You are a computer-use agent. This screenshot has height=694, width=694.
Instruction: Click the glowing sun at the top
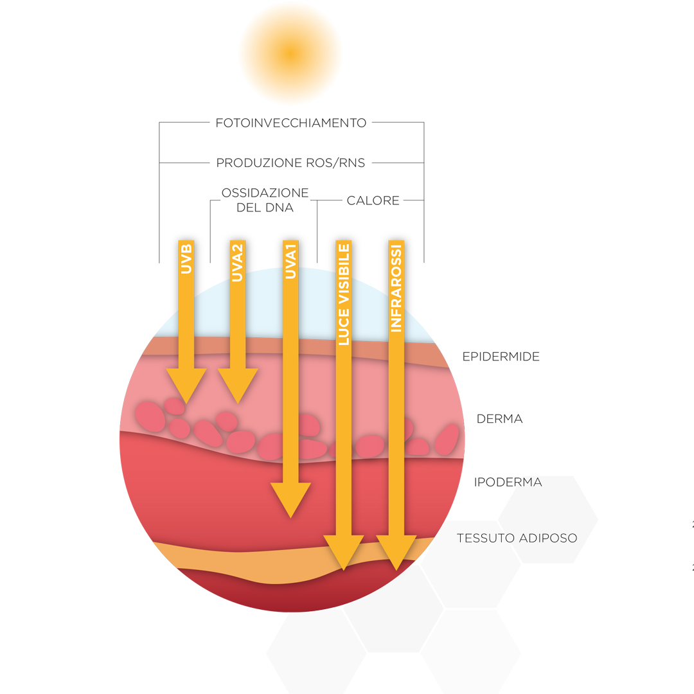coord(291,53)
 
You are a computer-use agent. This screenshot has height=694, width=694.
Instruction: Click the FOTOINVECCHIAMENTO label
coord(291,123)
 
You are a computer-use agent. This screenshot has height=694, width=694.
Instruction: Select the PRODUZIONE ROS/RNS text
coord(290,163)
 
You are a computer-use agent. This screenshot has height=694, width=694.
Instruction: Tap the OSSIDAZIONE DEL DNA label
coord(265,200)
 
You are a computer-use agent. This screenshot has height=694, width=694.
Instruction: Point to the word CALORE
coord(373,200)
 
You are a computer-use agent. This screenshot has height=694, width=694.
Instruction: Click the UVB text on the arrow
coord(186,259)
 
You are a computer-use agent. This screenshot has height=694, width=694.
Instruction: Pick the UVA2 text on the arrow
coord(238,263)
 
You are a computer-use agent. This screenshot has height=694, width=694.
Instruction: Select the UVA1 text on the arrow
coord(290,262)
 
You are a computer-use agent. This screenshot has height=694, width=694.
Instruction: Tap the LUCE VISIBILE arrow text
coord(343,295)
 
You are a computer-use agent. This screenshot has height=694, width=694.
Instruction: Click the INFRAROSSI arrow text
coord(396,289)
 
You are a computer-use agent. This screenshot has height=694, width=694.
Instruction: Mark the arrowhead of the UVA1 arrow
coord(290,500)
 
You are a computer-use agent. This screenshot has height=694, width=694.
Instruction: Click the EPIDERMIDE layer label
coord(501,357)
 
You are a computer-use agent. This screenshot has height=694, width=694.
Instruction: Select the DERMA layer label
coord(499,419)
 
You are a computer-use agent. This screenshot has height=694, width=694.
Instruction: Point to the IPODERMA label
coord(508,482)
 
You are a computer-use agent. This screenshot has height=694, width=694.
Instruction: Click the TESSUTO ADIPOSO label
coord(517,538)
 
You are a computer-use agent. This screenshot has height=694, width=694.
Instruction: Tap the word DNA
coord(280,208)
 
